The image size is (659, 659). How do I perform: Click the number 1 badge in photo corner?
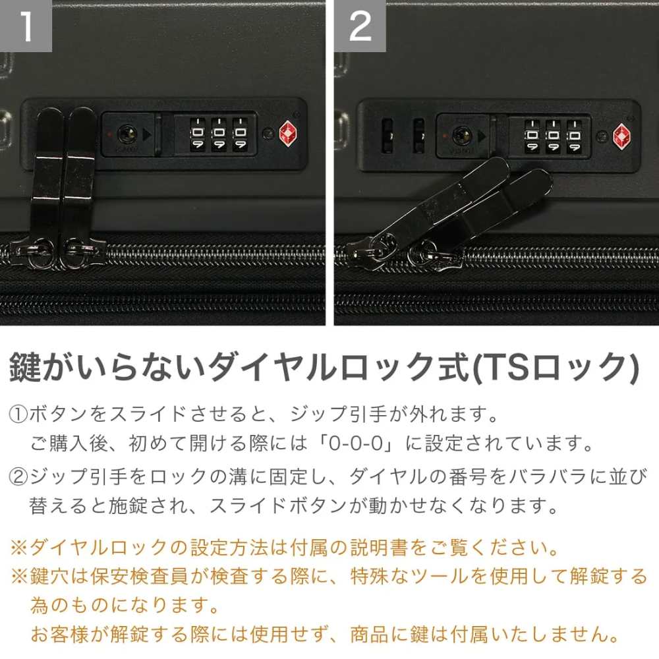point(26,26)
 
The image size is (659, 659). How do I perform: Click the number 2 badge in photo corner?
point(360,26)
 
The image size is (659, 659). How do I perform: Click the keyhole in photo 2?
point(461,136)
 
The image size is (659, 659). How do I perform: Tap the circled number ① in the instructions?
point(18,416)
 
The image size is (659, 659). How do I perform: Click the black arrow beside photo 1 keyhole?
point(146,134)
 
